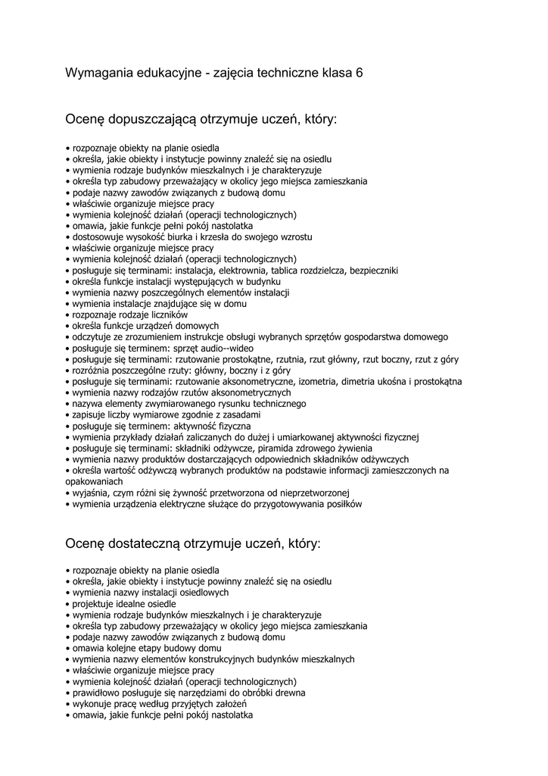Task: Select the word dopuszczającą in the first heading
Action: point(154,120)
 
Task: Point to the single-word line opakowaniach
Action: point(94,481)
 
